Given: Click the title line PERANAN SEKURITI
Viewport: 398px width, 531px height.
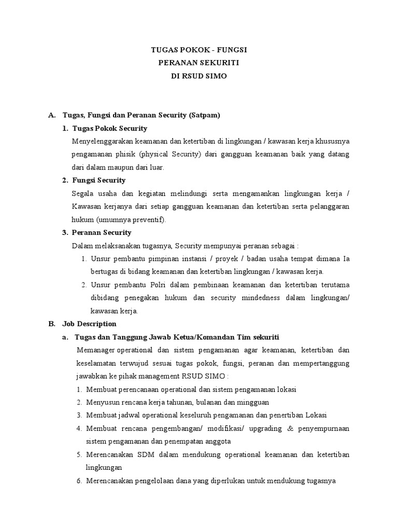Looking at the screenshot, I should tap(198, 63).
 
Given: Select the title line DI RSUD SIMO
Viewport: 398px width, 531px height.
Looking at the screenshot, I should tap(198, 76).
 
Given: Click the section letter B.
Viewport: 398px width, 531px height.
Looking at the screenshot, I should tap(52, 324).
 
